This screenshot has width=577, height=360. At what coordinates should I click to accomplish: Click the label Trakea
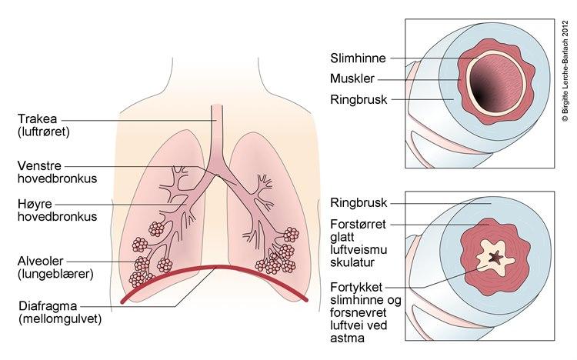click(x=39, y=119)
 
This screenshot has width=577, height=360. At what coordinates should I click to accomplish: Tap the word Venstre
click(x=42, y=165)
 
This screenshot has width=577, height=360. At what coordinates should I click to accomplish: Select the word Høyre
click(x=36, y=204)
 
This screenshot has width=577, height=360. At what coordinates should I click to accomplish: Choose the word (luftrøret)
click(x=45, y=132)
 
